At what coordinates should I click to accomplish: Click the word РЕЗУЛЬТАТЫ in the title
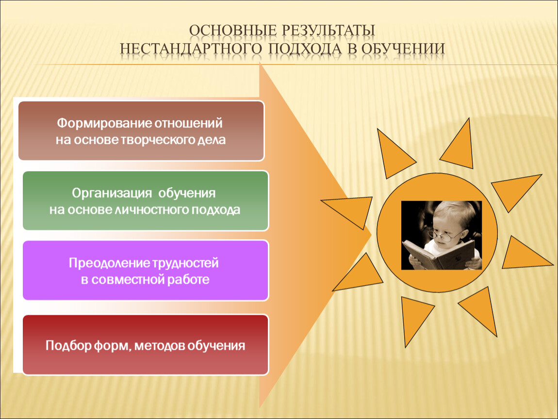tap(328, 31)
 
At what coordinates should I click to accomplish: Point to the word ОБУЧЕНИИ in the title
tap(403, 48)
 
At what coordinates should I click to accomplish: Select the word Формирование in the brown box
tap(105, 124)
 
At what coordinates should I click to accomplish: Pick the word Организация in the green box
tap(112, 193)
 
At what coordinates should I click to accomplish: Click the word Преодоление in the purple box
tap(110, 263)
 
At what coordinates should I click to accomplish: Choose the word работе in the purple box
tap(188, 279)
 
